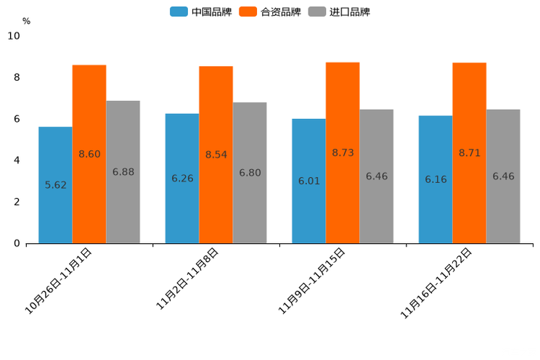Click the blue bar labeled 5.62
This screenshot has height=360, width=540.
pos(55,185)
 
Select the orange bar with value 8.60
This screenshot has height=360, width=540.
pos(89,154)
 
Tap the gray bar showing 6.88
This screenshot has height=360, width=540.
pos(123,172)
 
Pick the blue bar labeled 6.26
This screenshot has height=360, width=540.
pos(182,179)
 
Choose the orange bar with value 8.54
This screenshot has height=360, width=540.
pos(216,155)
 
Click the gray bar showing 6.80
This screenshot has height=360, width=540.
pos(250,173)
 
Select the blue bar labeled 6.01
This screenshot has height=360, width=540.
pos(308,181)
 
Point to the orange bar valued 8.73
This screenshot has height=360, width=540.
pos(343,152)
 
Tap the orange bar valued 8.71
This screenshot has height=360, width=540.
pos(470,153)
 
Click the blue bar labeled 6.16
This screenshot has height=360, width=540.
pos(435,179)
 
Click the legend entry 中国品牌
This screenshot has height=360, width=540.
pos(201,12)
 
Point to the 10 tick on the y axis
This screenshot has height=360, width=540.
pos(14,36)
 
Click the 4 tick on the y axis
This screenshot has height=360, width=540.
pos(17,160)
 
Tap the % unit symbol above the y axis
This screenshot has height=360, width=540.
pos(26,21)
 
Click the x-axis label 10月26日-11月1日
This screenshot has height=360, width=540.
pos(59,280)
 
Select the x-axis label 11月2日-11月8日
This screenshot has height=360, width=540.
pos(187,279)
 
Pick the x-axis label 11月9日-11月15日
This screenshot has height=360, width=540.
pos(312,280)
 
